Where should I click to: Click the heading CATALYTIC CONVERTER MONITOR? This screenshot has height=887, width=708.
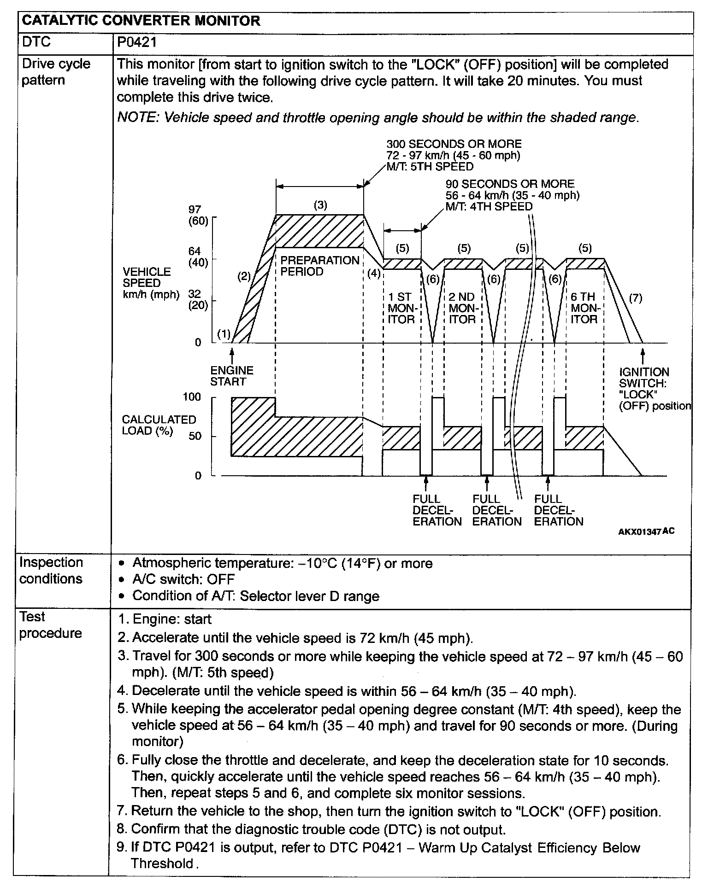(x=141, y=21)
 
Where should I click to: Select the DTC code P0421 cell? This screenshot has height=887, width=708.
(x=137, y=42)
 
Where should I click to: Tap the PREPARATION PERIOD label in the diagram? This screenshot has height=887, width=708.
(x=319, y=266)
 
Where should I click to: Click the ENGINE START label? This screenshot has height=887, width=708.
(x=232, y=376)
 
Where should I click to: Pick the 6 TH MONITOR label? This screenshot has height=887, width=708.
(x=584, y=308)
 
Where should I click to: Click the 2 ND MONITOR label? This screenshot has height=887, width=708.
(x=462, y=308)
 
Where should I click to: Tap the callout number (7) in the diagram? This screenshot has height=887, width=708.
(x=635, y=298)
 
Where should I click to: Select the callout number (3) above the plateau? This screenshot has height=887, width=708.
(x=320, y=205)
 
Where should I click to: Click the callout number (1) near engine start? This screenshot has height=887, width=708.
(x=224, y=334)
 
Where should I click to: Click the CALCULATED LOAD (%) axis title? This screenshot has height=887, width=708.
(x=159, y=425)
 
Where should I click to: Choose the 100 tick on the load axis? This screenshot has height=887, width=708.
(x=192, y=397)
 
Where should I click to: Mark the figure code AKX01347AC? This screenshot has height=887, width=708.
(x=646, y=531)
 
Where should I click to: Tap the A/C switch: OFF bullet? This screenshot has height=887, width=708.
(x=183, y=579)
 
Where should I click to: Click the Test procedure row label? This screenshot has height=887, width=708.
(x=50, y=624)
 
